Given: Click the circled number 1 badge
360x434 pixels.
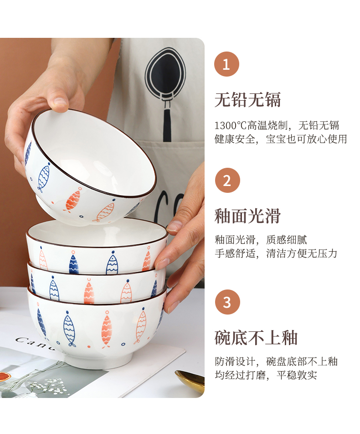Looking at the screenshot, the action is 226,64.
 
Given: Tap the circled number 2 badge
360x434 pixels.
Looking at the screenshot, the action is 227,181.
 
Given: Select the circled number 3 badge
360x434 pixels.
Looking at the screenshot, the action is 227,302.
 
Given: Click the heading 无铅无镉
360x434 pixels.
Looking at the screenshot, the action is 247,100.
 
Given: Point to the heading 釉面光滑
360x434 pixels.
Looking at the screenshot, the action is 247,216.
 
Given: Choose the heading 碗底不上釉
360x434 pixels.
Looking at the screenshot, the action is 256,337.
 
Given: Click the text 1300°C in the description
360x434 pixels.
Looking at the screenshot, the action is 230,125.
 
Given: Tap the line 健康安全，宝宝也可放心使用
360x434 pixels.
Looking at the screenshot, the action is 281,139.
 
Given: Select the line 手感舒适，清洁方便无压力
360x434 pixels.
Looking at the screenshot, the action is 276,253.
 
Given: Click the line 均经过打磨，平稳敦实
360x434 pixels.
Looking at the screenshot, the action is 266,375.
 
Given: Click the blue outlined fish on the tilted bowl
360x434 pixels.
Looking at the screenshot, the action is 44,176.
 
